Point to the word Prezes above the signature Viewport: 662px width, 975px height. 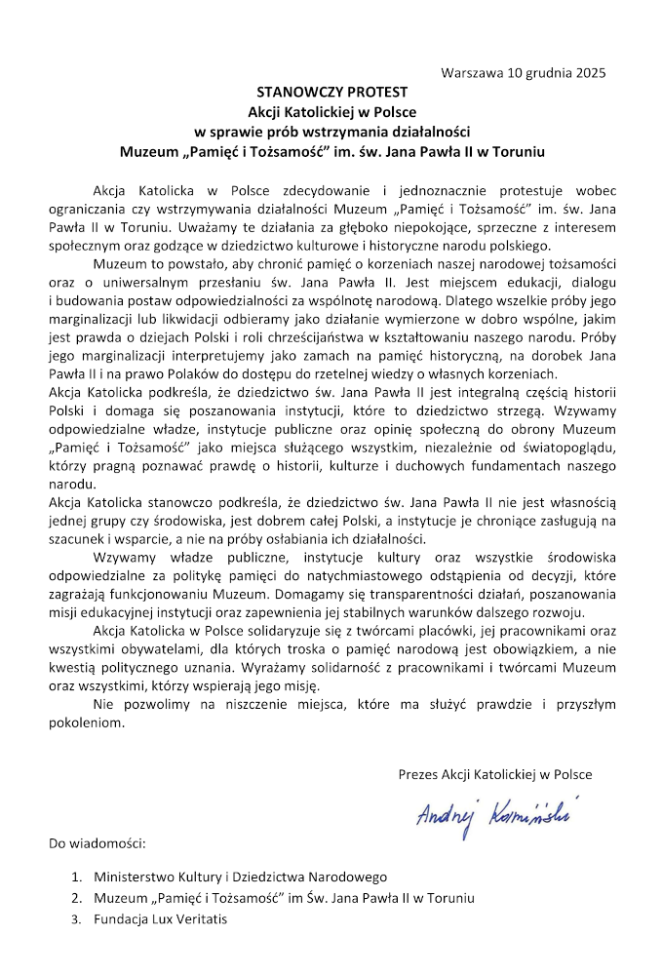point(419,774)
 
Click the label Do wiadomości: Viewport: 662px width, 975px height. point(97,841)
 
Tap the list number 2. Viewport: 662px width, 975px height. point(76,897)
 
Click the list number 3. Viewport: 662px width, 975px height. point(76,917)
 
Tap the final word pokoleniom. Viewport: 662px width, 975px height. point(86,723)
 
